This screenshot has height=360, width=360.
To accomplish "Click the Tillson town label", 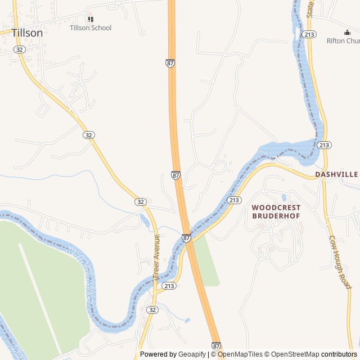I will pos(27,33).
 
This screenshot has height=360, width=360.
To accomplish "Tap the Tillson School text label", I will pos(91,28).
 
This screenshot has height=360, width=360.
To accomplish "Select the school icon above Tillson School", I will pos(91,19).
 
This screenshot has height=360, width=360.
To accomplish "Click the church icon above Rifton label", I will pos(346,32).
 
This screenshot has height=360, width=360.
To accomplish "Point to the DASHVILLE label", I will pos(336,174).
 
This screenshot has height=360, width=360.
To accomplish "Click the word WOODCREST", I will pos(276,208).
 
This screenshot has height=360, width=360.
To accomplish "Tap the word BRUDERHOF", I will pos(276,215).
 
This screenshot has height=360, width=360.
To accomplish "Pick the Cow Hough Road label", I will pos(340,262).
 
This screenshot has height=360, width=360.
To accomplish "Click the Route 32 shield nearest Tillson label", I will pos(20,49).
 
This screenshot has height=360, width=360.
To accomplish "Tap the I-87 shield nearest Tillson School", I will pos(170,63).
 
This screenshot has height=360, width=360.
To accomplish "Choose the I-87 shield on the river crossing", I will pos(186,238).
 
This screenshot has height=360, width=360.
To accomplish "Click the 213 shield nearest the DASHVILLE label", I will pos(323,145).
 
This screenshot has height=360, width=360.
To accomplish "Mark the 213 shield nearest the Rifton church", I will pos(308,34).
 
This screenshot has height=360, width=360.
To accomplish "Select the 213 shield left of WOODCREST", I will pos(234,200).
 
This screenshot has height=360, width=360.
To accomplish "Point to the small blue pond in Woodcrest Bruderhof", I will pos(285,198).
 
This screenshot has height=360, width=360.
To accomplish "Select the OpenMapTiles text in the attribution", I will pos(240,354).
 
